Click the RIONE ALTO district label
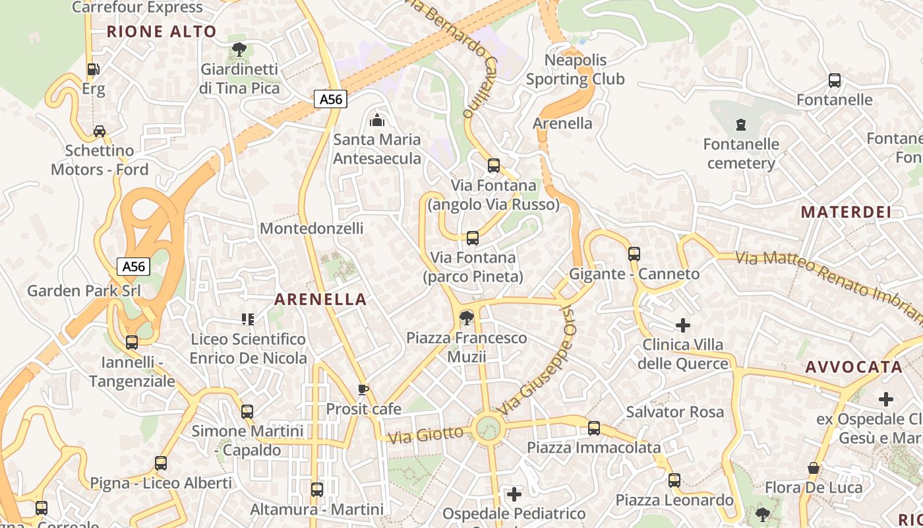coord(162,31)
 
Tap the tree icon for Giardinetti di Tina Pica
coord(239,49)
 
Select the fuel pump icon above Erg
coord(94,69)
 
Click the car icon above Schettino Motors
coord(100,131)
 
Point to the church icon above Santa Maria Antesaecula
coord(377,120)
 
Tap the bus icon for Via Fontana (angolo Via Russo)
coord(494,166)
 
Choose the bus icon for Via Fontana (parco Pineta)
coord(473,238)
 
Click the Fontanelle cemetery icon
coord(741,124)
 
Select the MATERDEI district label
coord(846,212)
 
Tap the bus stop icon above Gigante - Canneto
coord(634,254)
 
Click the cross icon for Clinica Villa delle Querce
coord(683,325)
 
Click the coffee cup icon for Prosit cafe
coord(363,389)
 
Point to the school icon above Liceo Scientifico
coord(248,320)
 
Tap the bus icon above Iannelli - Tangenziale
coord(132,343)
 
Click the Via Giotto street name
coord(426,435)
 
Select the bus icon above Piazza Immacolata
coord(594,428)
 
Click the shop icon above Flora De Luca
coord(814,468)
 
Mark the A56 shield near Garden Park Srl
coord(134,267)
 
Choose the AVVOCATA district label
coord(854,367)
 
